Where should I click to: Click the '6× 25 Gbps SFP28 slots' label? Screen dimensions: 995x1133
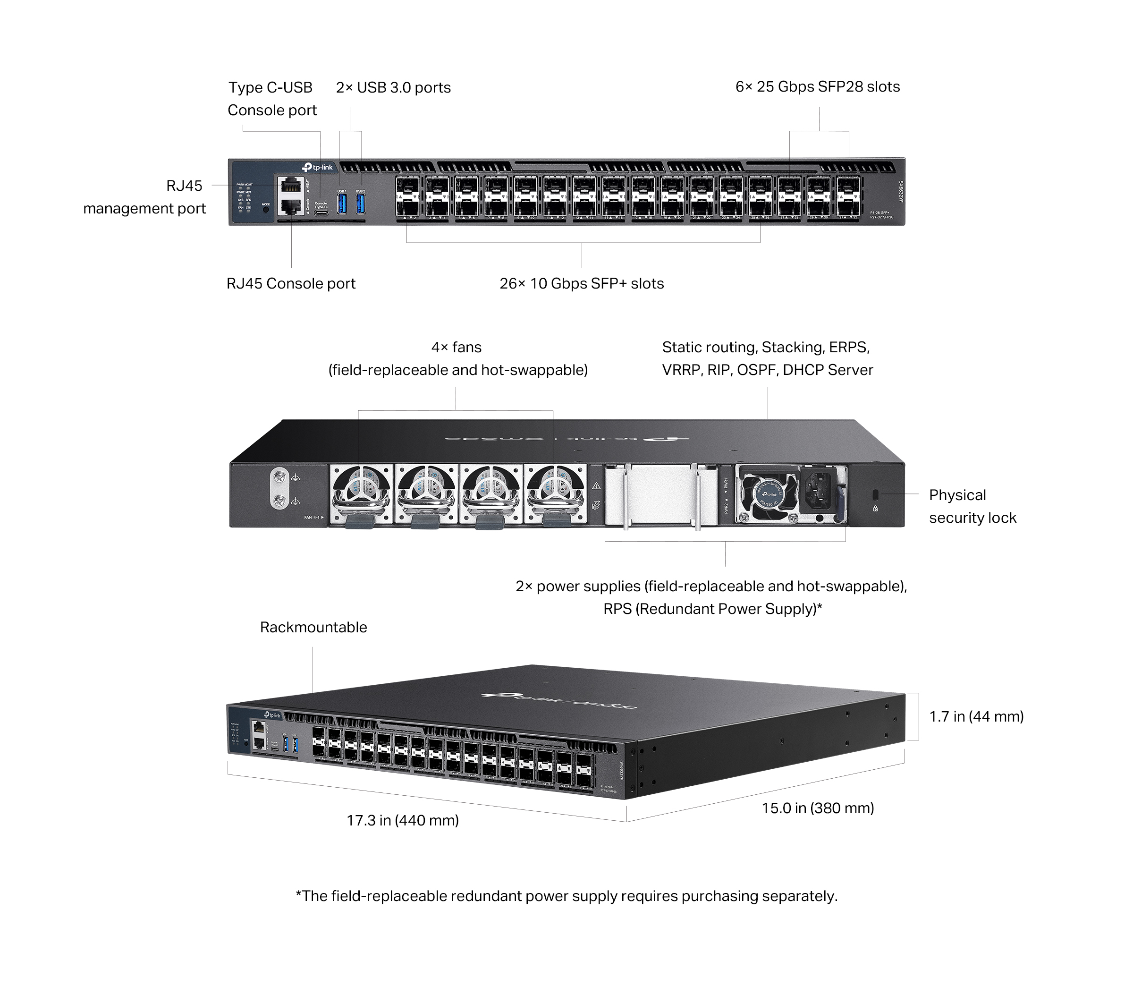tap(817, 86)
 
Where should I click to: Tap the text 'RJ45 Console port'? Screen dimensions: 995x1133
tap(290, 283)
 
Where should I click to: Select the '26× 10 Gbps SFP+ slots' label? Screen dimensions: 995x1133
tap(582, 283)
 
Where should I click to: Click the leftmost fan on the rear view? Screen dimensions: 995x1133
tap(362, 493)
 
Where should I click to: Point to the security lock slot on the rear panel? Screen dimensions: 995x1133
tap(875, 493)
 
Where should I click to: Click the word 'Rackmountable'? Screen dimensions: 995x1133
tap(313, 627)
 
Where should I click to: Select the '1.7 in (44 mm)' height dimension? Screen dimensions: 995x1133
tap(976, 716)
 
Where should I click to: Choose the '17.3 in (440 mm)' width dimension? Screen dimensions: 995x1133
tap(402, 820)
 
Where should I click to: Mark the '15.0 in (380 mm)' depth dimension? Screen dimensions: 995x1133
tap(818, 808)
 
